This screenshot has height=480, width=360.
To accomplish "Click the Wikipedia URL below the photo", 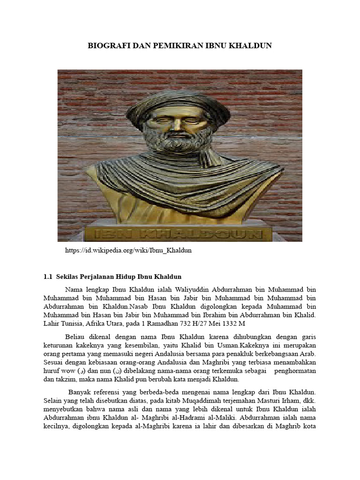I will point(128,250).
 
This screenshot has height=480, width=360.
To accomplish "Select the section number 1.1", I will point(48,277).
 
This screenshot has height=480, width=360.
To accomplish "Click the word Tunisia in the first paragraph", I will point(76,324).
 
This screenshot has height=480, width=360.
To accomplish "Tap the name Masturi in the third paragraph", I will point(259,400).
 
